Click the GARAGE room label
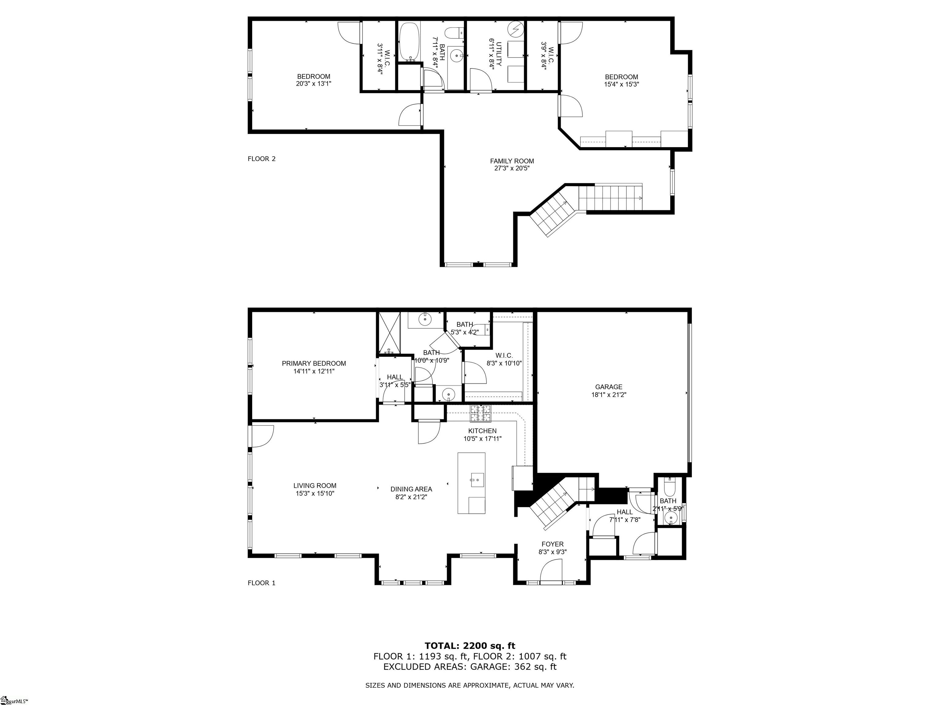[609, 387]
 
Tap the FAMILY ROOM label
[512, 161]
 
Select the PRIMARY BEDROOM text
[314, 363]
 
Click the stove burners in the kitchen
[480, 413]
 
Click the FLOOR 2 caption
[261, 159]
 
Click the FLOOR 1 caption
[261, 583]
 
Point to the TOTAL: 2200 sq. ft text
[470, 646]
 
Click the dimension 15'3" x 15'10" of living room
[315, 493]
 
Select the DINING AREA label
[411, 489]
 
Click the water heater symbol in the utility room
[516, 29]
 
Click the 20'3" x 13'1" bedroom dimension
[313, 84]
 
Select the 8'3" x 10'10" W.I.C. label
[504, 360]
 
